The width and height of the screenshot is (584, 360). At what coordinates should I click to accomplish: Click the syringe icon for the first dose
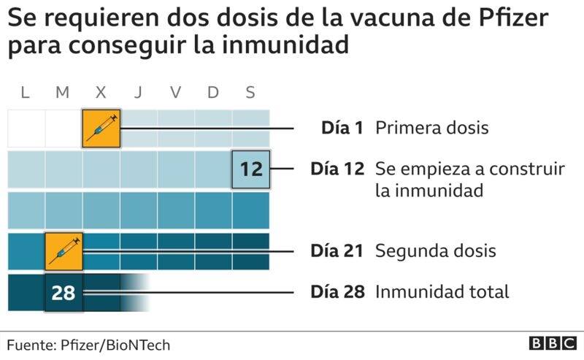pos(101,128)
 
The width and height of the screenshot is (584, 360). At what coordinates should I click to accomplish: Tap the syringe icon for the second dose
pos(64,251)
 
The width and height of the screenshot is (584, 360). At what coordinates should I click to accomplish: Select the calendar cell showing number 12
pos(250,169)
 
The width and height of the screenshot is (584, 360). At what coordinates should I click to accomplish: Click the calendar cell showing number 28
pos(64,293)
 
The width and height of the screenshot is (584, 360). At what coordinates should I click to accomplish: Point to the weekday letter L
pos(25,92)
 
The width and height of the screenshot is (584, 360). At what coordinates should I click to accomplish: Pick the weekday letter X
pos(100,92)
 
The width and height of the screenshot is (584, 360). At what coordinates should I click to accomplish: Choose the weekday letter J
pos(138,92)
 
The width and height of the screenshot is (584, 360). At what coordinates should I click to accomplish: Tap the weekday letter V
pos(176,92)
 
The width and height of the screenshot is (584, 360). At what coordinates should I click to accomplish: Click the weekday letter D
pos(213,92)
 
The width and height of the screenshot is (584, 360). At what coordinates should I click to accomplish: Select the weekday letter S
pos(250,92)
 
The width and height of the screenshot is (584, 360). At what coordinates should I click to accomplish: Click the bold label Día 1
pos(342,128)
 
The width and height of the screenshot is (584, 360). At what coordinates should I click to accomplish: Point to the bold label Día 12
pos(337,169)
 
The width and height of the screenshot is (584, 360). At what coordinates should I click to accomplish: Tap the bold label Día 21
pos(337,250)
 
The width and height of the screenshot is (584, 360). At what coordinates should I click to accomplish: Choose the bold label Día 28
pos(337,292)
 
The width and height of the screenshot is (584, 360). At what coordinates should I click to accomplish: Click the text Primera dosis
pos(431,128)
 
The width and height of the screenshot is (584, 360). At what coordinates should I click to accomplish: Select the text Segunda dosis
pos(436,250)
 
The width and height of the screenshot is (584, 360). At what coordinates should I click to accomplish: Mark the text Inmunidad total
pos(442,292)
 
